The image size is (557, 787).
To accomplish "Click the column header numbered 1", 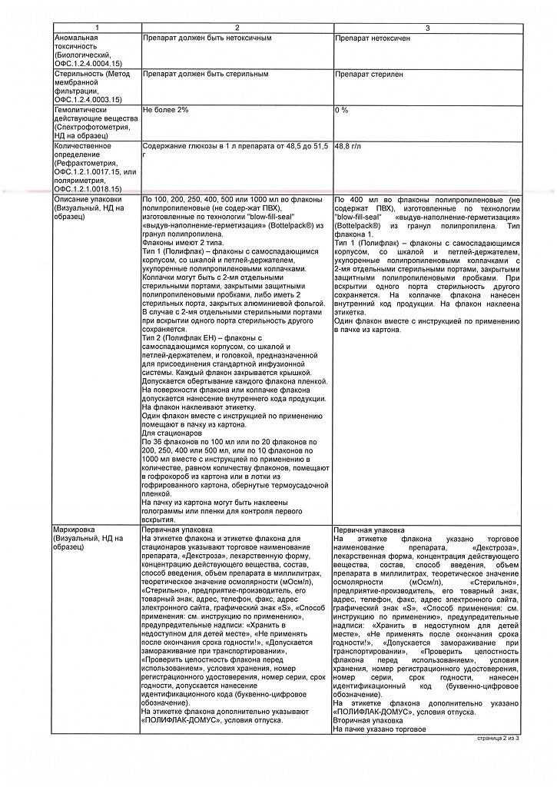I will (x=96, y=28).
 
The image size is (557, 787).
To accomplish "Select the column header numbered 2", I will (x=237, y=28).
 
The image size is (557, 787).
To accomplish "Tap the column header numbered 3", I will (x=427, y=28).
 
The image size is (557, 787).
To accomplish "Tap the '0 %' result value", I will (x=342, y=110).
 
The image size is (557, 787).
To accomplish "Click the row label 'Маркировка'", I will (x=74, y=530).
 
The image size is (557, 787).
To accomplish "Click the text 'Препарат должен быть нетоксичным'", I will (x=201, y=37).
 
